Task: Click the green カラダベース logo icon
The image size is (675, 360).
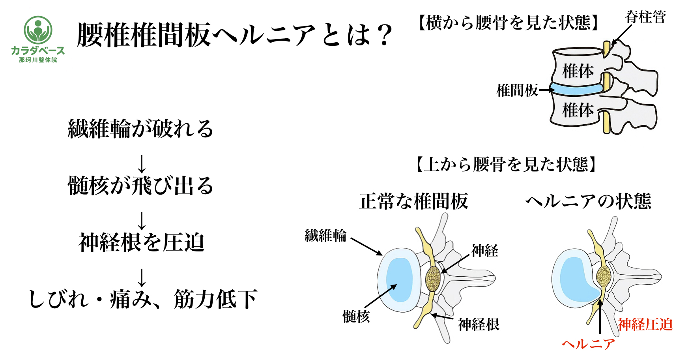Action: click(x=38, y=30)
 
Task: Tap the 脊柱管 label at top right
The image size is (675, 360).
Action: click(x=645, y=17)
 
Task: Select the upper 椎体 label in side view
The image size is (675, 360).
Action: click(x=578, y=71)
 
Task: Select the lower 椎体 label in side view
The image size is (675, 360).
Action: click(x=578, y=110)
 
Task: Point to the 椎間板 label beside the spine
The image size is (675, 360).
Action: click(x=517, y=90)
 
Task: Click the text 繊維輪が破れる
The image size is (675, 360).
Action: click(x=141, y=129)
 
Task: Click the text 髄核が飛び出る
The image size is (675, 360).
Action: click(x=141, y=186)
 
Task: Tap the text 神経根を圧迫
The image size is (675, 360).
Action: click(x=142, y=242)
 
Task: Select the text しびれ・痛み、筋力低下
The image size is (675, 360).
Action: click(x=143, y=299)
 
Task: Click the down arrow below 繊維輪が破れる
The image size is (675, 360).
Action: click(x=142, y=164)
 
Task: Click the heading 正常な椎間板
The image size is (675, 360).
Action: click(x=413, y=201)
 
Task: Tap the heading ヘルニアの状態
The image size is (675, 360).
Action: click(x=588, y=201)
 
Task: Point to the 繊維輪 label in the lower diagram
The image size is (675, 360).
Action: click(x=325, y=236)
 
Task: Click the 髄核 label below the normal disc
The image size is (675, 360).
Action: click(x=356, y=316)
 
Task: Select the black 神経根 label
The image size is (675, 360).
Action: click(x=478, y=324)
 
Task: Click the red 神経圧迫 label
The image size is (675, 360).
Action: click(x=645, y=324)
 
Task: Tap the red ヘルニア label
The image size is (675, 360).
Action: click(x=588, y=344)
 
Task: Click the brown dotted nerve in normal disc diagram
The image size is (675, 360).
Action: click(x=433, y=279)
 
